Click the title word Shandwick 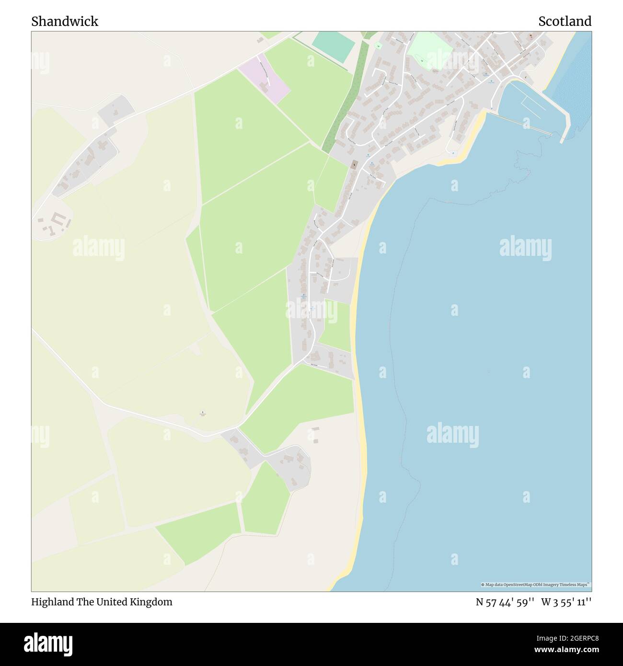coord(65,21)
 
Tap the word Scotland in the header coord(565,21)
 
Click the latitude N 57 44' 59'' coord(505,602)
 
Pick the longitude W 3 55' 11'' coord(566,602)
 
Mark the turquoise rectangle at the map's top coord(334,46)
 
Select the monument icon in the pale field coord(203,412)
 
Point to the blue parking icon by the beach coord(453,153)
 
